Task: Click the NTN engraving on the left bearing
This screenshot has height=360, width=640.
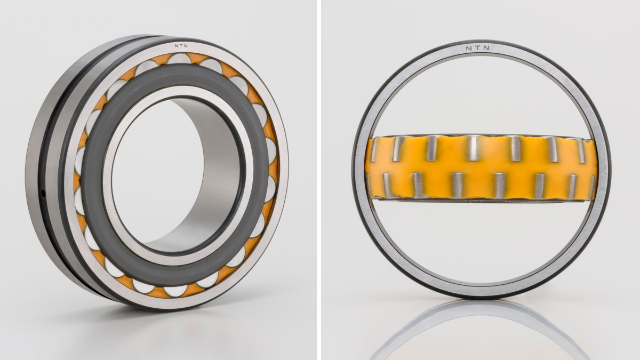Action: click(181, 45)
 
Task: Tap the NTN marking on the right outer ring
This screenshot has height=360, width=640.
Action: click(478, 48)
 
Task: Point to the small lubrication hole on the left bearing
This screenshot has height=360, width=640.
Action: click(43, 194)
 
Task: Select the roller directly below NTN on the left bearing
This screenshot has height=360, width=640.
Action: click(179, 59)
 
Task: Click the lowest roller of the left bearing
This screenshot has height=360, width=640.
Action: click(175, 291)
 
